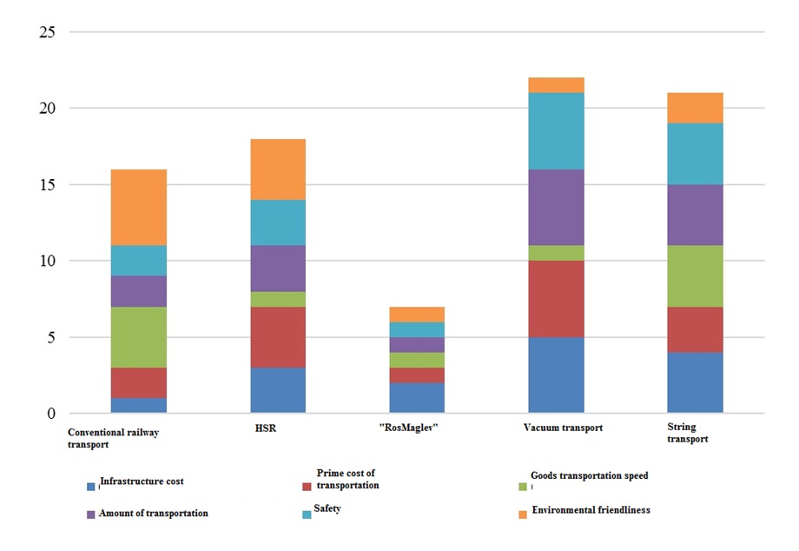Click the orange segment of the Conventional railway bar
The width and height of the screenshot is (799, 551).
click(139, 207)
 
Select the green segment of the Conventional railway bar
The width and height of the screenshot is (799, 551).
click(139, 336)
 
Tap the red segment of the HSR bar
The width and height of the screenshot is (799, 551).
click(278, 336)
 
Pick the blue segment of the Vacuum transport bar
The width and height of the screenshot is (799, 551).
click(556, 375)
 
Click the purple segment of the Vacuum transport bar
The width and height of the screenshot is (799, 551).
click(556, 207)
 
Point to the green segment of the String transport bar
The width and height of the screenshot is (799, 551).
click(695, 275)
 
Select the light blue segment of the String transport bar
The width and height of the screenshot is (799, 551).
click(695, 154)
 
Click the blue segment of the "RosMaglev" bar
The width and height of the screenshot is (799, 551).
click(417, 397)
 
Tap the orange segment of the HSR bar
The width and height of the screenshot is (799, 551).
click(278, 169)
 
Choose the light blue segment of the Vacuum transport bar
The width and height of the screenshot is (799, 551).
click(556, 130)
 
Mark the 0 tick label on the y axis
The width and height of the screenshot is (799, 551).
click(50, 414)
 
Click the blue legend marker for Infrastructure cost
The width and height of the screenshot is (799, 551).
click(91, 486)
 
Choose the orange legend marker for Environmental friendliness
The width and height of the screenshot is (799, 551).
click(523, 514)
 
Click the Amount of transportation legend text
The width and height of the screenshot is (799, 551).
click(154, 514)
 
